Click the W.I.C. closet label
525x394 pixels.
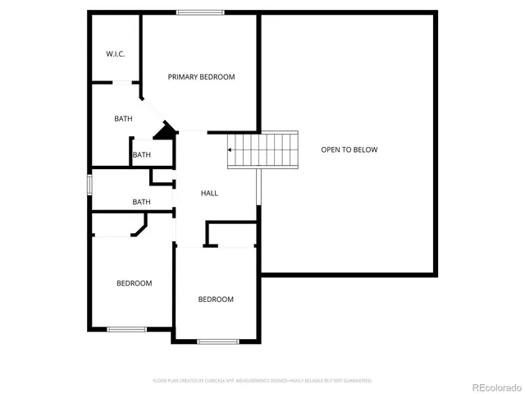click(x=115, y=54)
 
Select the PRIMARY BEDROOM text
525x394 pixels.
click(x=201, y=77)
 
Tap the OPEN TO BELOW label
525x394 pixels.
click(x=349, y=149)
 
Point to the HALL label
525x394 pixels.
click(x=209, y=193)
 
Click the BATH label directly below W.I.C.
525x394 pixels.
click(x=123, y=119)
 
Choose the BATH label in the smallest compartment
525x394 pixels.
click(x=142, y=155)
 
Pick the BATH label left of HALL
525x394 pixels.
click(x=142, y=202)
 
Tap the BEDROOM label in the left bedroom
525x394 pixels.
click(x=134, y=283)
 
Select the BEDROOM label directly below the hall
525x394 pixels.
click(x=216, y=300)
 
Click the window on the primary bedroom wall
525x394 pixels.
click(x=201, y=11)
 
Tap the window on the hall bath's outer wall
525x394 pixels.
click(x=90, y=184)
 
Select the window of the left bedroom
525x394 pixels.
click(x=127, y=329)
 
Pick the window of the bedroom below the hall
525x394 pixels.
click(x=217, y=341)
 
